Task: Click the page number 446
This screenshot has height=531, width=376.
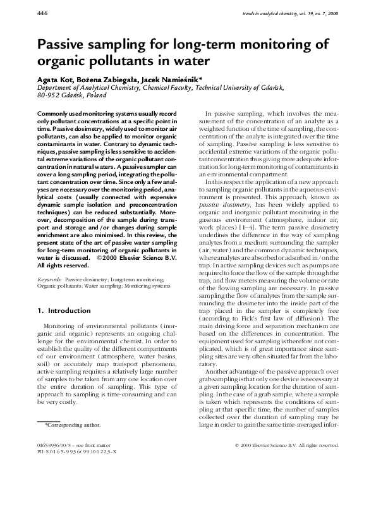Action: (x=44, y=13)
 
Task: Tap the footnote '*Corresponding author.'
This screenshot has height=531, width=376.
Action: (x=73, y=425)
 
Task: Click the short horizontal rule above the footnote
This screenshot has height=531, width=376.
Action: (x=49, y=420)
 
